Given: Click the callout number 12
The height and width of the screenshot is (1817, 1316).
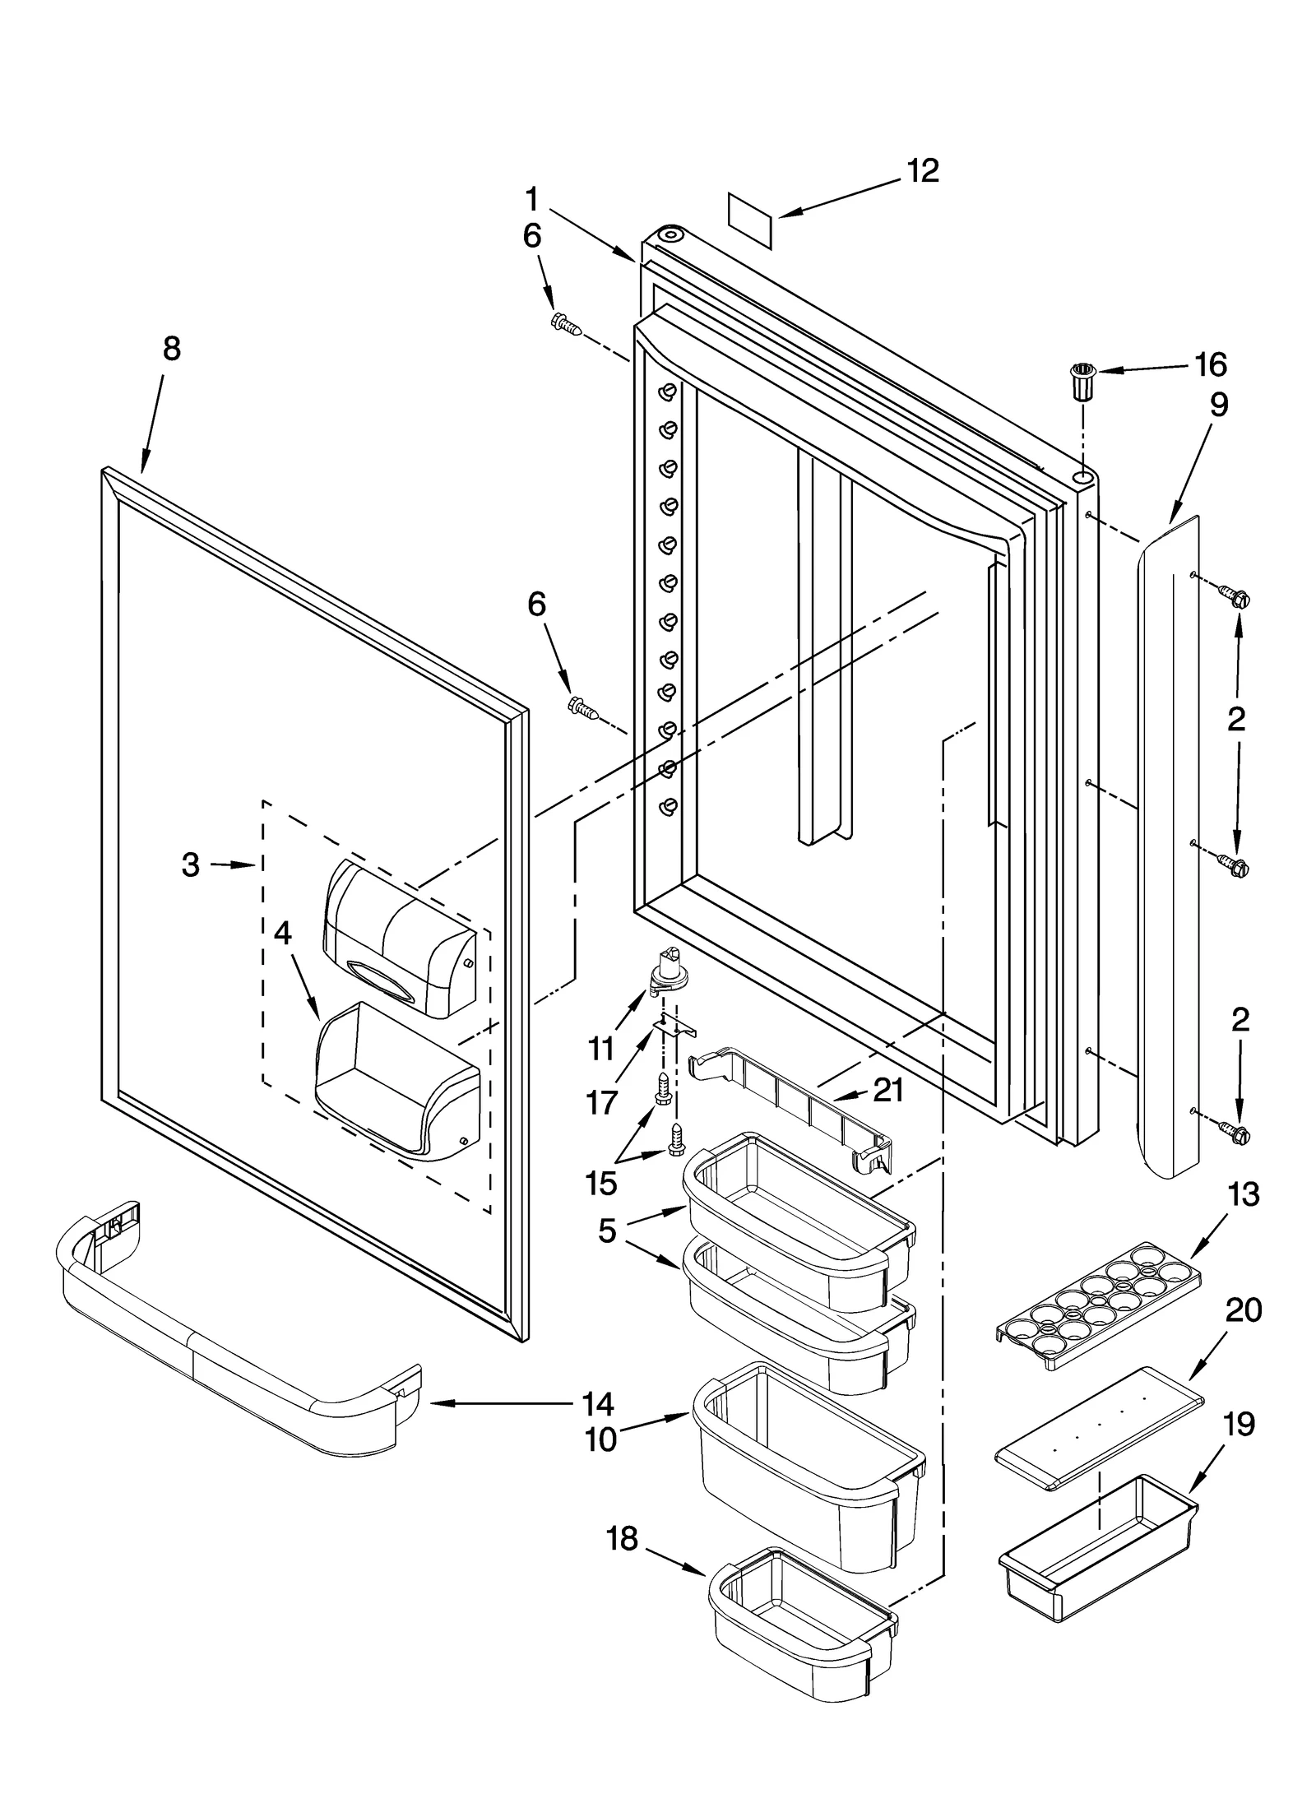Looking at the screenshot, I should [922, 171].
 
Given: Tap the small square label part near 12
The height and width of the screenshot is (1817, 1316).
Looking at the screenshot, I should [750, 220].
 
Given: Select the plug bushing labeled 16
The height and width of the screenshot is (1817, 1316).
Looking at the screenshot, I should [1082, 381].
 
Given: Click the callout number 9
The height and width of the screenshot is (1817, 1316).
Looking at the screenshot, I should [1218, 405].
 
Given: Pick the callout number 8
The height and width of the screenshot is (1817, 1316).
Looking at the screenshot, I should [171, 349].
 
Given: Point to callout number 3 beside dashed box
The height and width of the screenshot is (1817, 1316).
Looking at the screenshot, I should [191, 864].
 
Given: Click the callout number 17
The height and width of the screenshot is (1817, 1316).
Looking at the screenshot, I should [601, 1104].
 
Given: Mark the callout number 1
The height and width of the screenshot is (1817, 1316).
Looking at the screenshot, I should [532, 199].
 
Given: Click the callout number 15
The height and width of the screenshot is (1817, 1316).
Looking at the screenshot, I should [601, 1184].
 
